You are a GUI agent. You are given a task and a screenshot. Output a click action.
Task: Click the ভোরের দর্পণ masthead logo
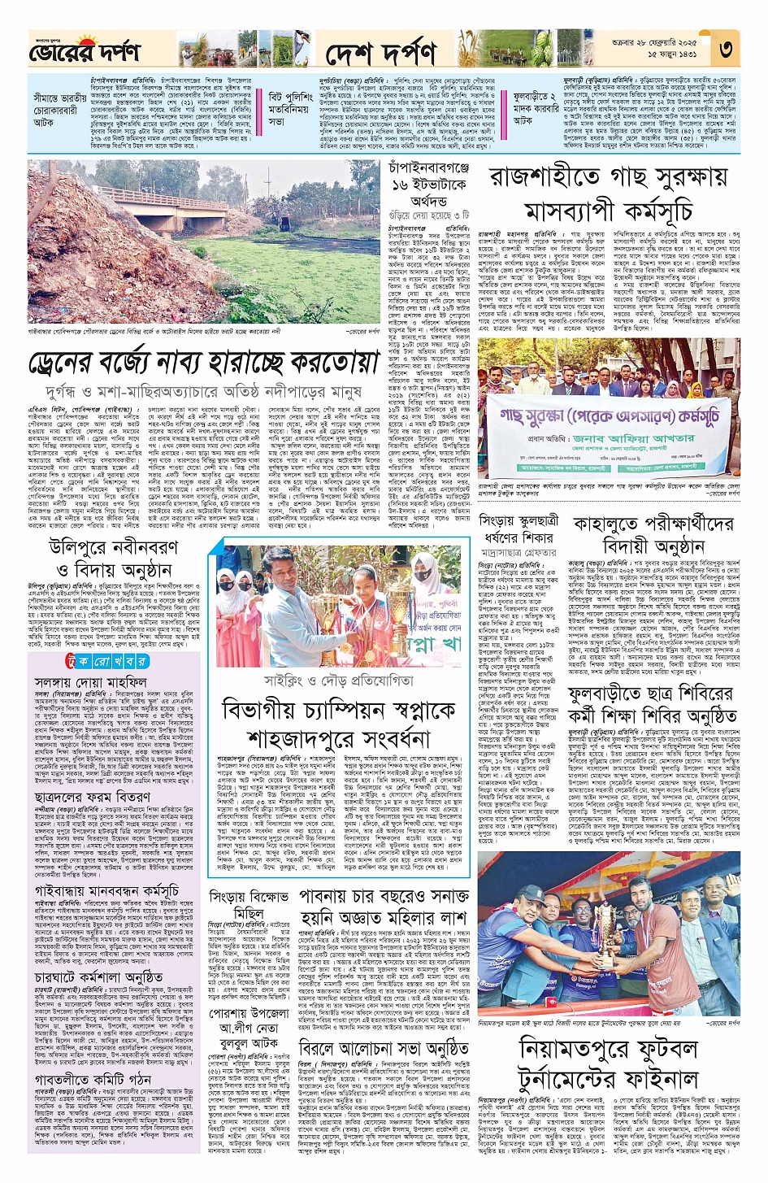[x=85, y=50]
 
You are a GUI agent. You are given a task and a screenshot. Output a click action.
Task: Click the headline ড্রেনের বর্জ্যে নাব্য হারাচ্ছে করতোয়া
[x=204, y=362]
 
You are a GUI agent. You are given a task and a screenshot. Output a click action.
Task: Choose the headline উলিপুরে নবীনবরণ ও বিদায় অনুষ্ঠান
[x=114, y=557]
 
